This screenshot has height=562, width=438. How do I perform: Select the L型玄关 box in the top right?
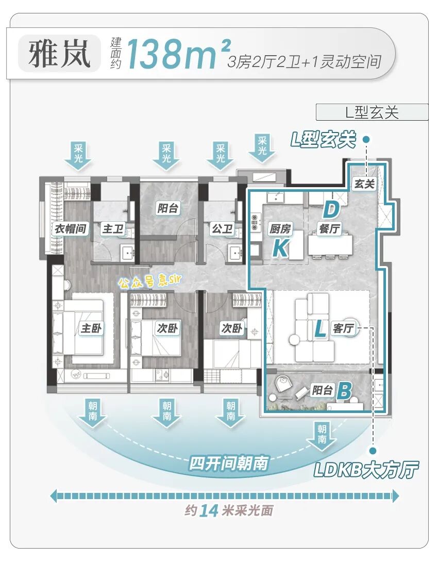[x=372, y=112]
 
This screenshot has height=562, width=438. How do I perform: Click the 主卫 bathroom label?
[x=113, y=228]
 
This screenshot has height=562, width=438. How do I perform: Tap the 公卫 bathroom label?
[x=222, y=228]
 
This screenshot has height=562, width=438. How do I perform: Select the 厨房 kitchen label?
[x=280, y=228]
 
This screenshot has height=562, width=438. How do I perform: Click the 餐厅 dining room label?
[x=329, y=228]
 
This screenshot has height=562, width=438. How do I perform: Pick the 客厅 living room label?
[x=343, y=328]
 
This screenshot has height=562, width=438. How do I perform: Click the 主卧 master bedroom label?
[x=91, y=328]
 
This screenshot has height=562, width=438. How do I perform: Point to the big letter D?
[x=331, y=210]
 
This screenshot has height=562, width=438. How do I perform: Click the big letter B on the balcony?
[x=344, y=391]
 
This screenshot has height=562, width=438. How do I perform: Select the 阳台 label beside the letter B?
[x=322, y=390]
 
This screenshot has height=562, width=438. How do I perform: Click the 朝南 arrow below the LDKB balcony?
[x=322, y=434]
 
